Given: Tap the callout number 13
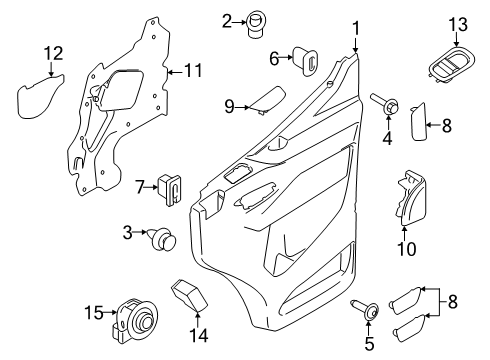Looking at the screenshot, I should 457,24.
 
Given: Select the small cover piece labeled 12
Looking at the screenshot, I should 39,95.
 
